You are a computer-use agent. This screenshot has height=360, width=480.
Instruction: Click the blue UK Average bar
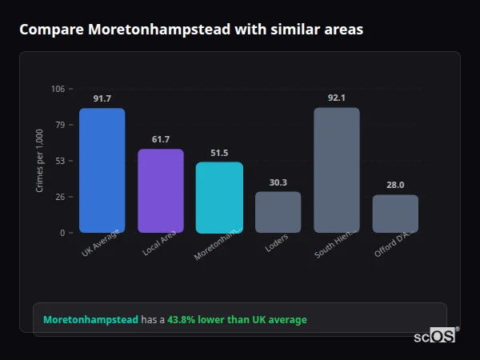click(102, 170)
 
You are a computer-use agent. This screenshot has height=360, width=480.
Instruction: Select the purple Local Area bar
click(161, 191)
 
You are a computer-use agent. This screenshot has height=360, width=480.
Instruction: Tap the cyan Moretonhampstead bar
click(219, 198)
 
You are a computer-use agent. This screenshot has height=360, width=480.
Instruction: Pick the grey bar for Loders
click(278, 212)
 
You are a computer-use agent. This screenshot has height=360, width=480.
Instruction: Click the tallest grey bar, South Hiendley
click(337, 170)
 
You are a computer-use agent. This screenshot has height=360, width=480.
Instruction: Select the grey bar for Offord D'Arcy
click(395, 214)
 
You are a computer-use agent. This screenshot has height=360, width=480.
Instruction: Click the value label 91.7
click(102, 98)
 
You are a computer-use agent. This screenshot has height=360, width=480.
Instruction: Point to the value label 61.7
click(161, 139)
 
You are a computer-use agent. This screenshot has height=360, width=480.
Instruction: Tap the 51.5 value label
click(219, 153)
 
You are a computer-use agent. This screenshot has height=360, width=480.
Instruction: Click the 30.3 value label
click(278, 182)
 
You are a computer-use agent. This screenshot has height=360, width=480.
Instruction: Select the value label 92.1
click(337, 98)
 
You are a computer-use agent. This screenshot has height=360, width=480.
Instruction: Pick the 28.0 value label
click(395, 185)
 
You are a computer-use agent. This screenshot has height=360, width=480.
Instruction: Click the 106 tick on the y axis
click(58, 89)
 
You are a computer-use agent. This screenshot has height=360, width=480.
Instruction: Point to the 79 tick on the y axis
click(60, 125)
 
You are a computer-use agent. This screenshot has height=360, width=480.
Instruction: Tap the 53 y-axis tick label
click(60, 161)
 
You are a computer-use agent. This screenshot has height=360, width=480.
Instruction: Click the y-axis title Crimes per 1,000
click(40, 161)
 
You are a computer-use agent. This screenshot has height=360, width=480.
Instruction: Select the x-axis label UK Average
click(101, 243)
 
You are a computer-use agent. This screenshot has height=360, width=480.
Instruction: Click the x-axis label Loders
click(277, 243)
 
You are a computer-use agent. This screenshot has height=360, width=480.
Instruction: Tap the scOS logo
click(435, 336)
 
